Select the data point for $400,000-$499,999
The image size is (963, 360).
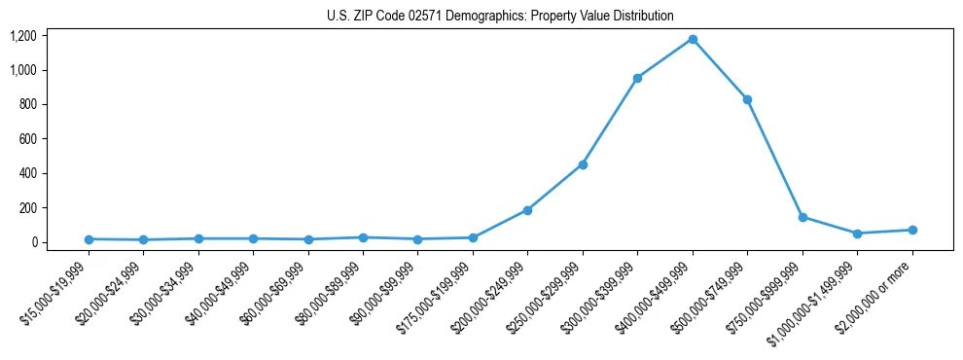click(693, 39)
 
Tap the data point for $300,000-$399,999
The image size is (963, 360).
click(637, 78)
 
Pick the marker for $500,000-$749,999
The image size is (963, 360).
click(747, 99)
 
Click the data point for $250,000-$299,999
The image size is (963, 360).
click(583, 164)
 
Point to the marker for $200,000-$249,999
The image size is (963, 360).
click(527, 210)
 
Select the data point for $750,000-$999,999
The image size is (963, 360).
click(802, 217)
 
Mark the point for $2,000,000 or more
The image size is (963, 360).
click(912, 230)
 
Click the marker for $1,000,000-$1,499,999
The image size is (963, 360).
click(857, 234)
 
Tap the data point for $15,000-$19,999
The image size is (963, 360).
click(89, 239)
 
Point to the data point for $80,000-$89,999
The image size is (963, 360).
click(363, 237)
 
